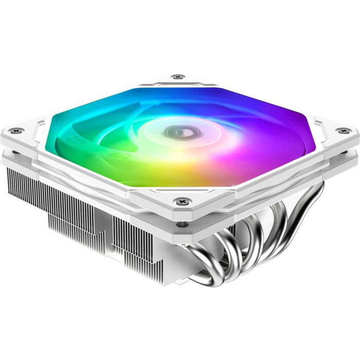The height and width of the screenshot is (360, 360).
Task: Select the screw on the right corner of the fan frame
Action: click(341, 131)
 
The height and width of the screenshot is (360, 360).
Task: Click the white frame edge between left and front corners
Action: click(87, 170)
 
